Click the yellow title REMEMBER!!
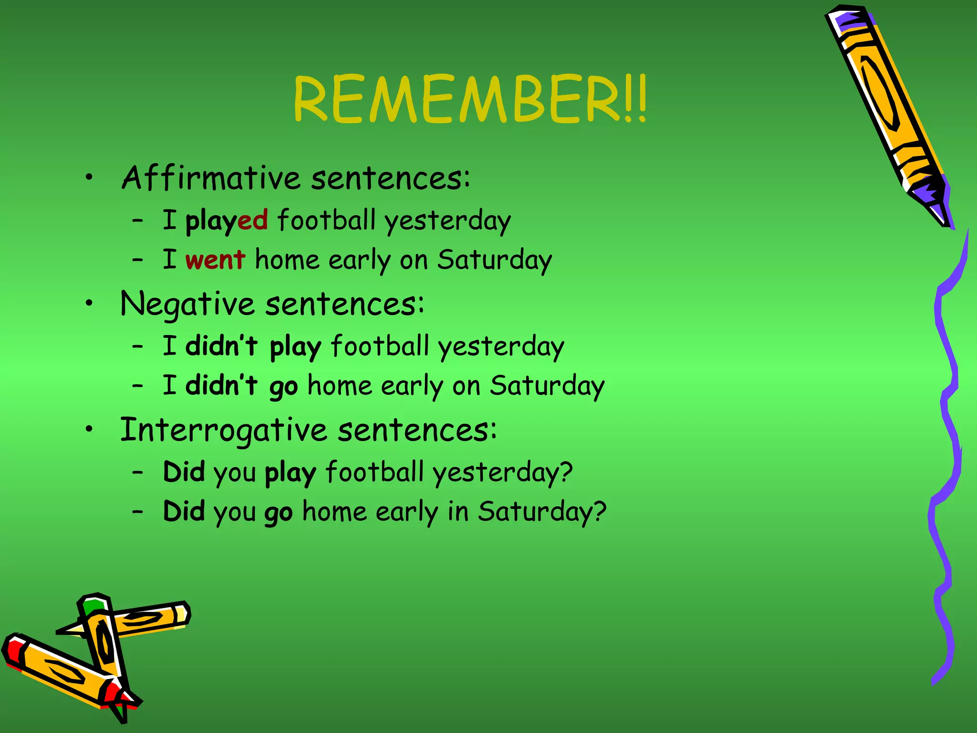click(470, 99)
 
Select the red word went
click(215, 260)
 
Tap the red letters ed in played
click(253, 220)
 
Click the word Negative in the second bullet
click(187, 304)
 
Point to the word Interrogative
click(223, 430)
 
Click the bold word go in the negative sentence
click(284, 387)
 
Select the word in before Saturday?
click(458, 512)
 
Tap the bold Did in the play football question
click(184, 472)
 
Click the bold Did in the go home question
click(184, 511)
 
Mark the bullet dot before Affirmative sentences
click(89, 178)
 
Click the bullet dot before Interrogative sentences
click(89, 429)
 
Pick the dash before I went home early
click(138, 260)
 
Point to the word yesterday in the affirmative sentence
click(447, 221)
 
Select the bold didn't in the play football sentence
click(222, 346)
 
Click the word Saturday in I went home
click(494, 261)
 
